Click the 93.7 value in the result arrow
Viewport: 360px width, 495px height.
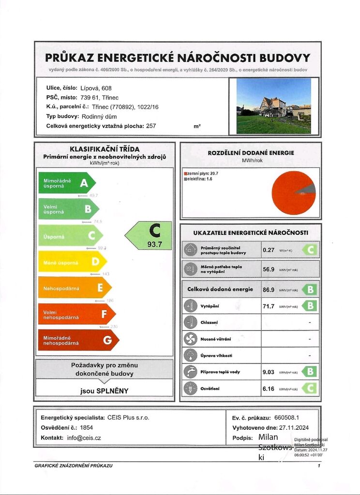[154, 245]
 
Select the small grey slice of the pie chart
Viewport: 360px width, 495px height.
[309, 189]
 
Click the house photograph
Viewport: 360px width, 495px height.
[273, 106]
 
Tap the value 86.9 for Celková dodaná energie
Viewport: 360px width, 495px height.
[268, 290]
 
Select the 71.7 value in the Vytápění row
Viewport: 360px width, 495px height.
[268, 306]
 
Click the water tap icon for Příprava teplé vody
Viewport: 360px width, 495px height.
[190, 372]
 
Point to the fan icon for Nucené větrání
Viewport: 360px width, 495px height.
[190, 339]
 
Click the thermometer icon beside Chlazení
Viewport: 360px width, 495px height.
[190, 322]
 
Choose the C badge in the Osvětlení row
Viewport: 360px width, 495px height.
[310, 388]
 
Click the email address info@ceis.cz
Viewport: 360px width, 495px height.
[84, 437]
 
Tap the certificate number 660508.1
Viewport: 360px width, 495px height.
[287, 417]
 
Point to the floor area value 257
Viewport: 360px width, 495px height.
[151, 126]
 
